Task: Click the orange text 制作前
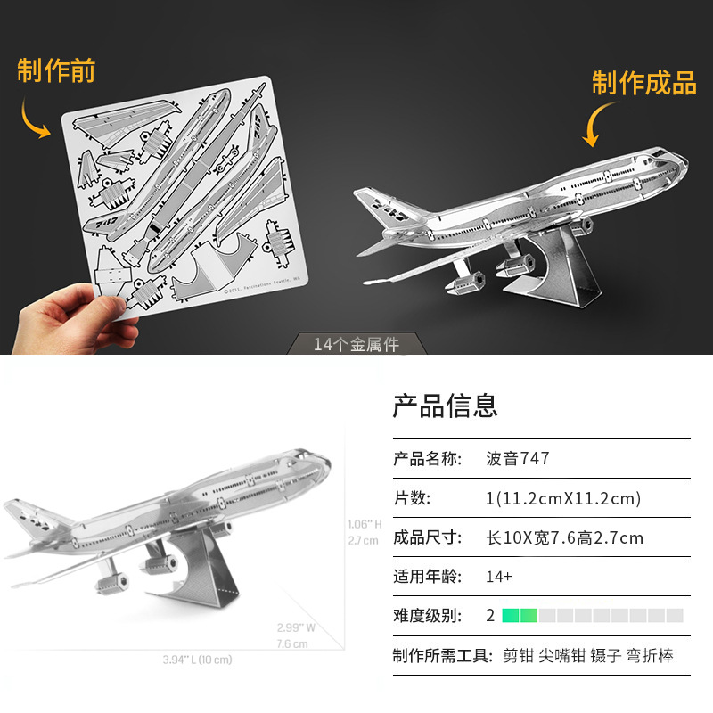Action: [x=56, y=71]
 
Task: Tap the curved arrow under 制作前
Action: [x=35, y=119]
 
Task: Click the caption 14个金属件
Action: [x=356, y=344]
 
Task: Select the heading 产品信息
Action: [x=445, y=406]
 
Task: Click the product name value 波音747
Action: [x=517, y=459]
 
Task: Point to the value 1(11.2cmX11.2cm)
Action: [x=562, y=498]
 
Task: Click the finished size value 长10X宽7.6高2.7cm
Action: [x=564, y=537]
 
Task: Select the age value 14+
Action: [x=498, y=577]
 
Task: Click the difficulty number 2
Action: [x=490, y=615]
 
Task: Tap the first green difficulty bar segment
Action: [x=511, y=615]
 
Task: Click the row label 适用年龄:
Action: [x=428, y=577]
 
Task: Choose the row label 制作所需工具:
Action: [x=442, y=656]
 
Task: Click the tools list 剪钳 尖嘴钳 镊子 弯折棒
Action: [x=587, y=656]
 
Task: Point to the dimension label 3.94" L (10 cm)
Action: [x=197, y=660]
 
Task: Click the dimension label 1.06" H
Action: [x=365, y=524]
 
